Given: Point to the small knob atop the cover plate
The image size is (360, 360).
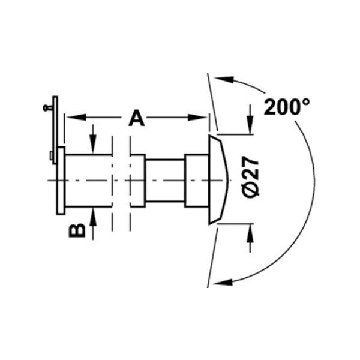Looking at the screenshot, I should (x=47, y=108).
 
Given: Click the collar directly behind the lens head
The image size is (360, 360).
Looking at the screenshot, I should (x=196, y=181).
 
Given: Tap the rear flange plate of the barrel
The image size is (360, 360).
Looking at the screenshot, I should (x=61, y=180).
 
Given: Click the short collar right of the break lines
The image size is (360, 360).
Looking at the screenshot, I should (x=138, y=181).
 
